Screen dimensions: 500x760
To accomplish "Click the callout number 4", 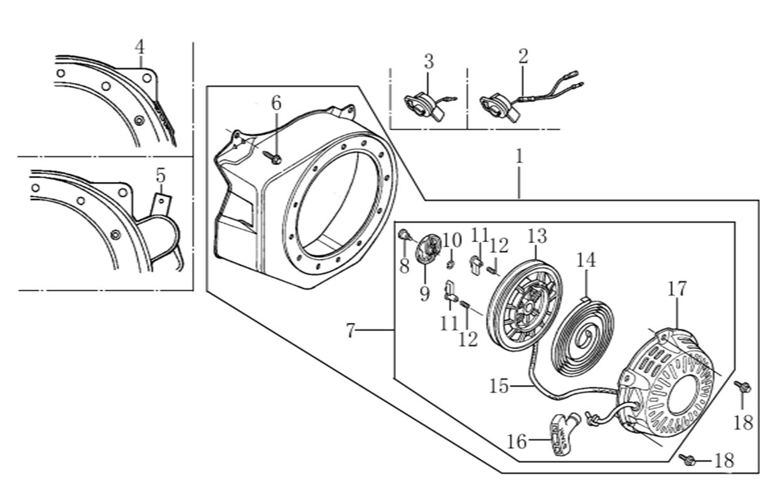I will (x=139, y=47).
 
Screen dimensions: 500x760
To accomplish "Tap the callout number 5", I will (x=161, y=176).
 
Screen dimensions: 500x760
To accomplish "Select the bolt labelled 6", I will (x=275, y=159).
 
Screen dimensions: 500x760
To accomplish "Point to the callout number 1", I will (x=519, y=156).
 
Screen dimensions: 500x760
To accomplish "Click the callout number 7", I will (x=351, y=330).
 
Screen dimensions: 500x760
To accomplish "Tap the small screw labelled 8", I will (x=404, y=236).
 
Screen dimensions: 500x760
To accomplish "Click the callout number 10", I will (x=452, y=240).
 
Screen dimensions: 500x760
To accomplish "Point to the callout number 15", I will (x=499, y=385).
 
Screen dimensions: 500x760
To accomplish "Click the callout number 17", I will (x=677, y=289).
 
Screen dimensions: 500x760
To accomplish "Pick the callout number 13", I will (x=537, y=237).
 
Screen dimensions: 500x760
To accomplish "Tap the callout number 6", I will (x=276, y=104).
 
